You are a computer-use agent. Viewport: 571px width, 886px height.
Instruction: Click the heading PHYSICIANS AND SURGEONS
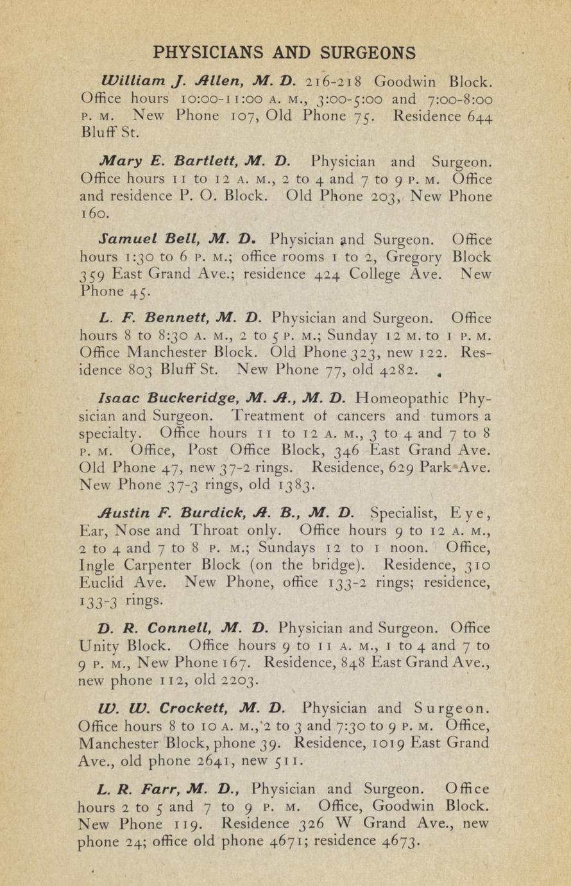point(285,52)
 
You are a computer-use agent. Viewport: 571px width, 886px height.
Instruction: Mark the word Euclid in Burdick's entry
point(102,583)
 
